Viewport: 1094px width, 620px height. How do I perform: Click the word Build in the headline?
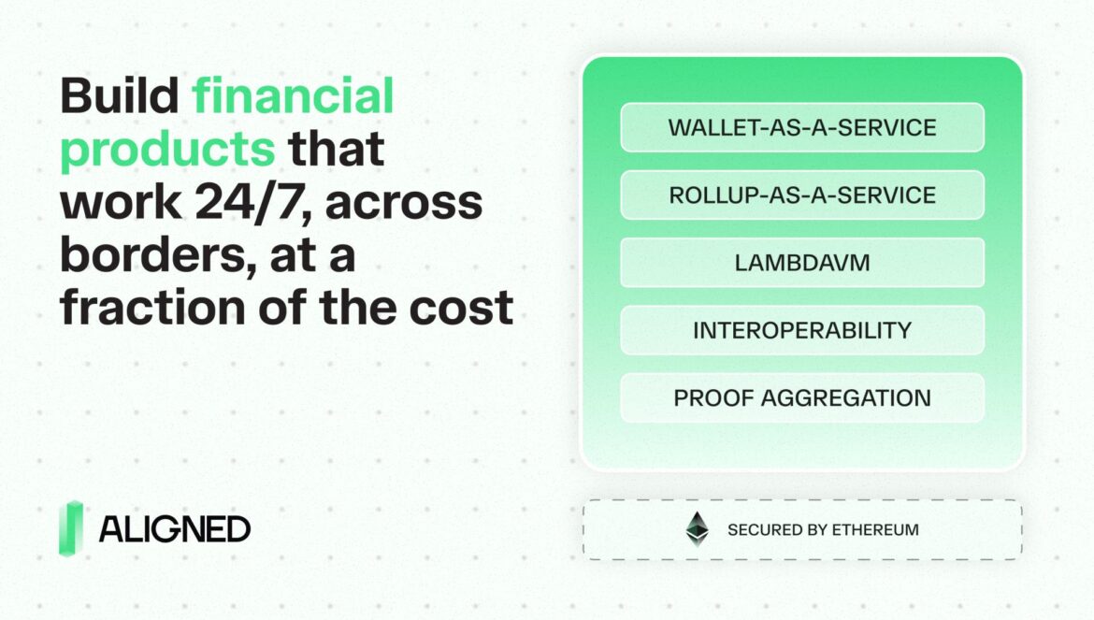pos(120,95)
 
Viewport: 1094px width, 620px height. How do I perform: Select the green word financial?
pos(293,95)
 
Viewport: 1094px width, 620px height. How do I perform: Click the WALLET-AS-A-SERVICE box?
pos(802,127)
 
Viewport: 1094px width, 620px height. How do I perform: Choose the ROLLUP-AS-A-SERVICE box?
pos(802,195)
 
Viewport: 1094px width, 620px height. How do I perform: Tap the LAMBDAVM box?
pos(802,263)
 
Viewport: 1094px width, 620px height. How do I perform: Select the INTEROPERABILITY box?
pos(802,330)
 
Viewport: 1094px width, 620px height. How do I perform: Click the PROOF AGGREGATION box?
pos(802,397)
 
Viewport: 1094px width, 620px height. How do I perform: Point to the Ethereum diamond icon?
pos(697,528)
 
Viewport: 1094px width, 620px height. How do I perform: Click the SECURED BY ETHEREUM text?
pos(823,530)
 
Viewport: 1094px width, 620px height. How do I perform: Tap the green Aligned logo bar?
pos(70,528)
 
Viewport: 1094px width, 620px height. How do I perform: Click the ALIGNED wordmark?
pos(175,529)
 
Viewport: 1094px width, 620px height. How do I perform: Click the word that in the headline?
pos(337,148)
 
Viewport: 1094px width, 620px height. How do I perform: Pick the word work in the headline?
pos(122,202)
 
